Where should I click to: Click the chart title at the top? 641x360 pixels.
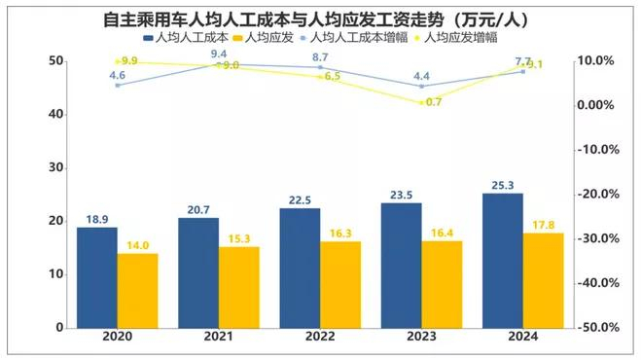[315, 18]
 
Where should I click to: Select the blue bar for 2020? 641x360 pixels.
[97, 277]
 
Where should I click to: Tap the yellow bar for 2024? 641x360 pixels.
[544, 280]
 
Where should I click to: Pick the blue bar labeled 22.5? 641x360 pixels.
[300, 269]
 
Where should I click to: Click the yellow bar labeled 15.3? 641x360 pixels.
[239, 288]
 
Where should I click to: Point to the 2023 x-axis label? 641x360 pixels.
[421, 337]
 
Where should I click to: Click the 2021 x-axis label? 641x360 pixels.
[219, 337]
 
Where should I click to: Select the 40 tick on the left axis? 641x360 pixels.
[56, 114]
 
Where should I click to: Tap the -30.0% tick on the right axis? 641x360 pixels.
[598, 238]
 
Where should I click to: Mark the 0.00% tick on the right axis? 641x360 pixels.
[595, 105]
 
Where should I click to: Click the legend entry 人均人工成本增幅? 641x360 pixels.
[354, 38]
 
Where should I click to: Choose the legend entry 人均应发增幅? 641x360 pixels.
[456, 38]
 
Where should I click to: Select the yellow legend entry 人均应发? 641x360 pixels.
[264, 38]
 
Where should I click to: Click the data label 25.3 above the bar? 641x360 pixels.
[503, 185]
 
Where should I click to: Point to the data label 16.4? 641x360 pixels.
[442, 233]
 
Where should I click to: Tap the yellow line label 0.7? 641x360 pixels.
[434, 102]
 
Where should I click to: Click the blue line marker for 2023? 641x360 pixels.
[421, 86]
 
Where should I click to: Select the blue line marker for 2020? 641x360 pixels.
[118, 85]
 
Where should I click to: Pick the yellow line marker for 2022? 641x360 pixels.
[320, 77]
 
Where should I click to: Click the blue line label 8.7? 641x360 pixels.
[320, 57]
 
